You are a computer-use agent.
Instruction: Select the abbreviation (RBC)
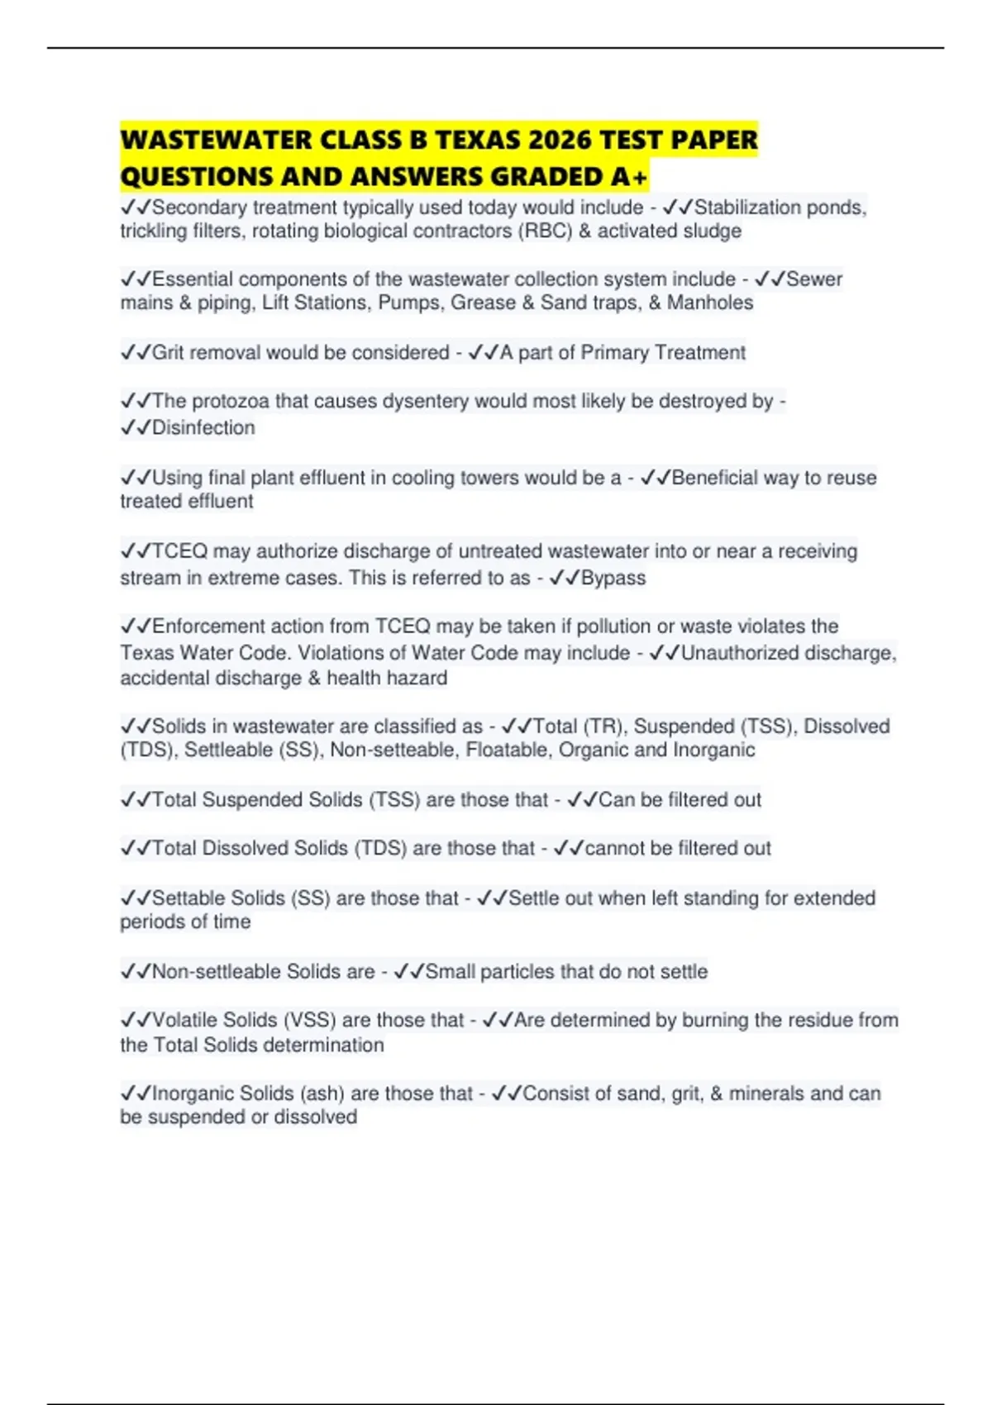[x=546, y=231]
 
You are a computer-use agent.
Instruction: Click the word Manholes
[x=710, y=303]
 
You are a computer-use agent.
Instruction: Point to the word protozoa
[x=231, y=402]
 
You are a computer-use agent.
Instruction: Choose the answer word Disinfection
[x=203, y=428]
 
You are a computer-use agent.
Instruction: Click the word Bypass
[x=613, y=578]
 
